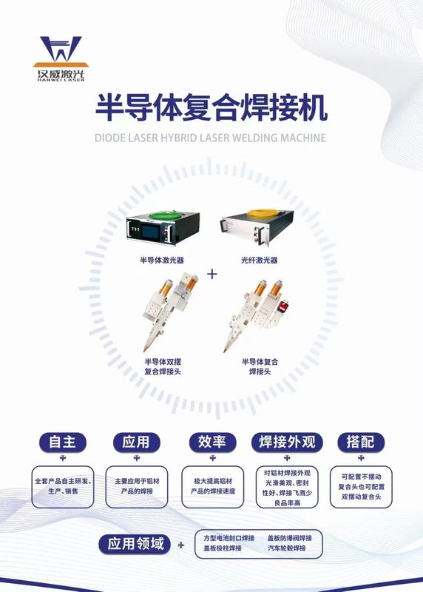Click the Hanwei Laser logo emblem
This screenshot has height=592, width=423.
pyautogui.click(x=61, y=51)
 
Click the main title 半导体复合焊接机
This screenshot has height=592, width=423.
pyautogui.click(x=211, y=108)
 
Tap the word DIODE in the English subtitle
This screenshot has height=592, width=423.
pyautogui.click(x=109, y=138)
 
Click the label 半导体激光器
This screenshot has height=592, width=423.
pyautogui.click(x=162, y=260)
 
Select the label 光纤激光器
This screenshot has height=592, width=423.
pyautogui.click(x=260, y=260)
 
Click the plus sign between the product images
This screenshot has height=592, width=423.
pyautogui.click(x=212, y=274)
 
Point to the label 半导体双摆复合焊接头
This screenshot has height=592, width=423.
pyautogui.click(x=163, y=366)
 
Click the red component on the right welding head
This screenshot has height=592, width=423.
pyautogui.click(x=282, y=306)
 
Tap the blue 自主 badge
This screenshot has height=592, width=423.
pyautogui.click(x=63, y=442)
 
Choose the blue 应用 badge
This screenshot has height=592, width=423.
pyautogui.click(x=136, y=442)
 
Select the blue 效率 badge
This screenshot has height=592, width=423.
pyautogui.click(x=212, y=442)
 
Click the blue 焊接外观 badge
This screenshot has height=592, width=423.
pyautogui.click(x=287, y=442)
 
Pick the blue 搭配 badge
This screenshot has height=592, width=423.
pyautogui.click(x=361, y=442)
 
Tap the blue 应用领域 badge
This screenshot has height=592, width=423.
pyautogui.click(x=135, y=544)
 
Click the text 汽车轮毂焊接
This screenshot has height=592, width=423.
pyautogui.click(x=287, y=548)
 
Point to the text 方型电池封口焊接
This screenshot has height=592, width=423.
pyautogui.click(x=229, y=538)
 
